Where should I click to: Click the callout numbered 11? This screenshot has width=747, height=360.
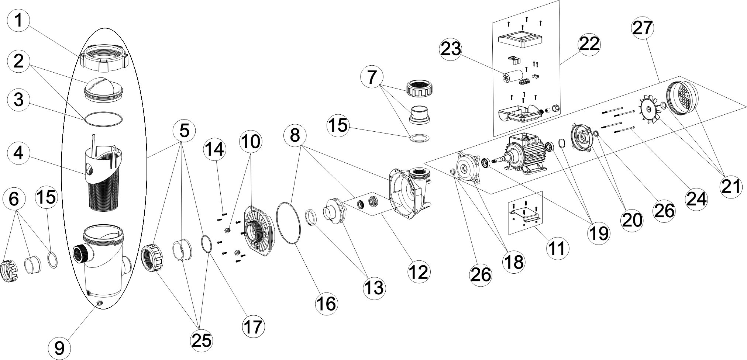[557, 247]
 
